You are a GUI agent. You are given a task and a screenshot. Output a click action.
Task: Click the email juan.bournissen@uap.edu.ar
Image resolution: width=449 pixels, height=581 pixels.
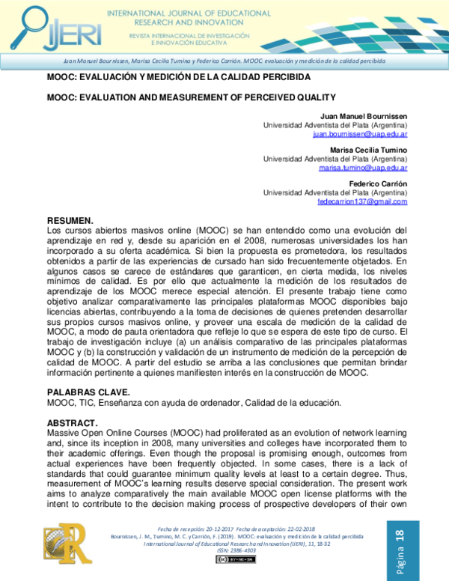[x=361, y=134]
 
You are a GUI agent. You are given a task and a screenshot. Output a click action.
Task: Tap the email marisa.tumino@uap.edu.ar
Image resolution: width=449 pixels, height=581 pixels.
[x=363, y=168]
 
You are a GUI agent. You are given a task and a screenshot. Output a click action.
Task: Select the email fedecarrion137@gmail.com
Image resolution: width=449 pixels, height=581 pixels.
[x=362, y=201]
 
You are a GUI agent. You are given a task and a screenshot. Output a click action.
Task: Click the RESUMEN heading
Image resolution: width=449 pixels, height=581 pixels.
[x=71, y=221]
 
